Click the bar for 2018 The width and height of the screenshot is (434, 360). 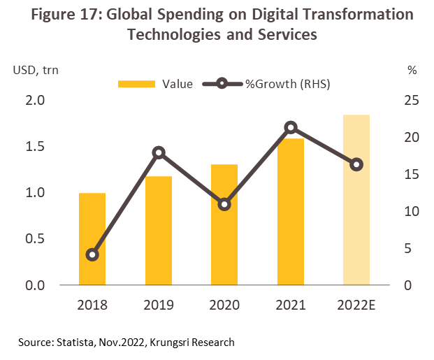pos(92,238)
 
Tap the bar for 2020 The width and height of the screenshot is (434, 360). pos(224,224)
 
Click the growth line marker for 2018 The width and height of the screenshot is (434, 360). pos(92,254)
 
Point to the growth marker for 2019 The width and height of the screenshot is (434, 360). pos(159,152)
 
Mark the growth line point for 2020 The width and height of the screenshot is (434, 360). pos(224,205)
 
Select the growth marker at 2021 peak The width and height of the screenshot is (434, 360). pos(291,127)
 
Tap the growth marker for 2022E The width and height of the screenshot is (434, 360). pos(356,165)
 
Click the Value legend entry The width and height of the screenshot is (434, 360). pos(157,84)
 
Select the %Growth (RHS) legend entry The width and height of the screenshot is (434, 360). pos(266,84)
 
